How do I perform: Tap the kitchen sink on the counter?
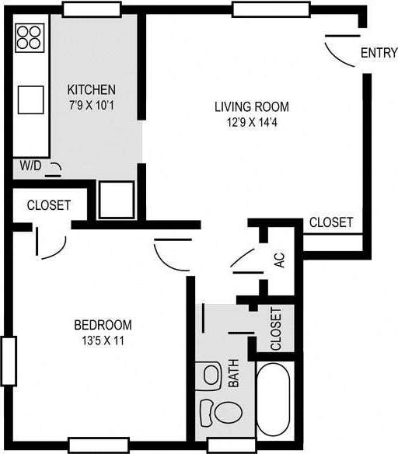[30, 98]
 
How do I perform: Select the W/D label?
[30, 165]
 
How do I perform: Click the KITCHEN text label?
[92, 89]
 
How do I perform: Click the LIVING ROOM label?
[252, 107]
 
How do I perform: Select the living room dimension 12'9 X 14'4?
[252, 122]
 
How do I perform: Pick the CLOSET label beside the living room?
[330, 222]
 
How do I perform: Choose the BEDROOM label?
[103, 325]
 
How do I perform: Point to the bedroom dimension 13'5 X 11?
[103, 340]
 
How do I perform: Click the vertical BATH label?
[233, 374]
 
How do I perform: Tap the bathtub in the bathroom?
[276, 400]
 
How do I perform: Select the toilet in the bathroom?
[219, 410]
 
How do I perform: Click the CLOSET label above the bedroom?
[49, 206]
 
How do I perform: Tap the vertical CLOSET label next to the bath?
[277, 329]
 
